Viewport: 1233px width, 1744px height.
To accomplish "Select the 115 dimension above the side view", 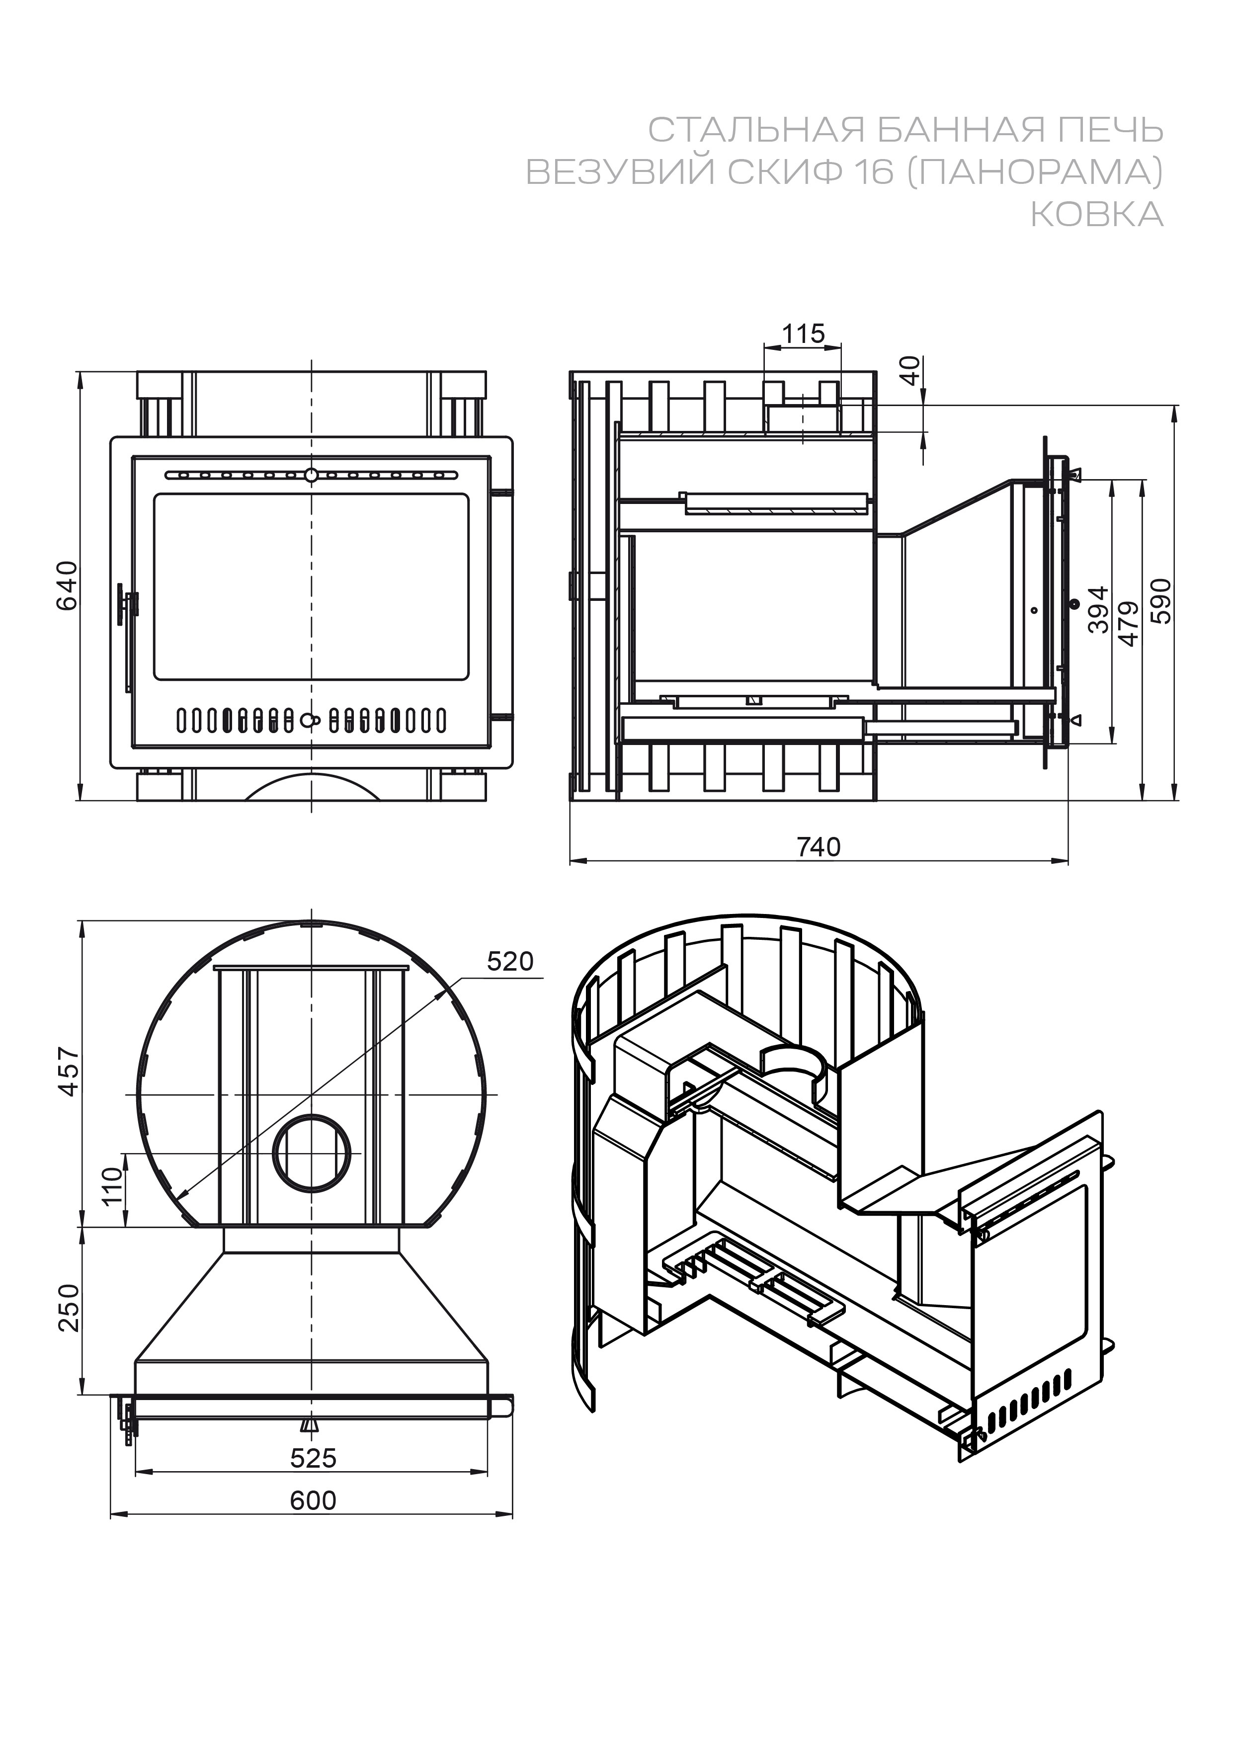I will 803,333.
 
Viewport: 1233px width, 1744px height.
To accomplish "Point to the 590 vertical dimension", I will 1162,601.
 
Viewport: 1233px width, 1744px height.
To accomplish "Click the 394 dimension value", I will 1098,609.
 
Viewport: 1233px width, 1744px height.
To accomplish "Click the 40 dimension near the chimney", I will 910,371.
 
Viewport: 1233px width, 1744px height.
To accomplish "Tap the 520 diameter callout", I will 510,962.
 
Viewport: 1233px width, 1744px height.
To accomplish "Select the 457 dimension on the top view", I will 69,1071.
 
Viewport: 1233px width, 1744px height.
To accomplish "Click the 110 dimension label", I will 112,1186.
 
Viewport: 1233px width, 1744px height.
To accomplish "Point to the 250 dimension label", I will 69,1308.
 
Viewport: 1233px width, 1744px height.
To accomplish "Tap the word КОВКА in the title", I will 1096,215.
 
